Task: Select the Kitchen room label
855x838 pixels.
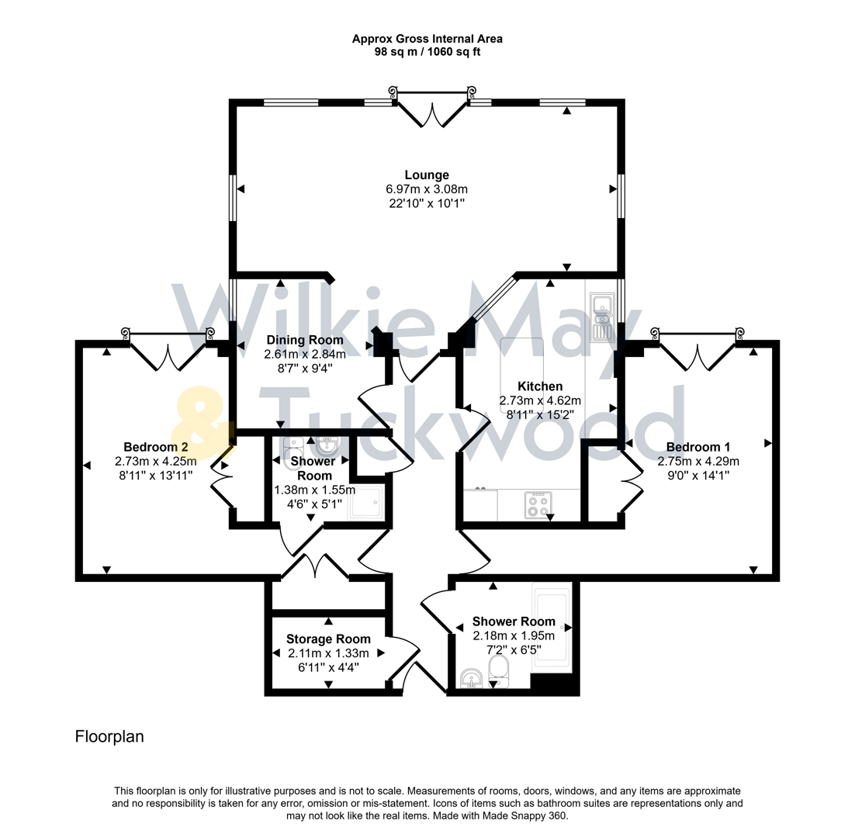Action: point(541,386)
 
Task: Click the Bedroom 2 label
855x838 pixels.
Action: point(156,446)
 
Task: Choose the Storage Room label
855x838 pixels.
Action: point(328,639)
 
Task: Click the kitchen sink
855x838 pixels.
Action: point(602,317)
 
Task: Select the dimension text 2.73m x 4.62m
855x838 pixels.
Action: point(541,400)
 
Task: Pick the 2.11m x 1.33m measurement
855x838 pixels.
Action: point(328,653)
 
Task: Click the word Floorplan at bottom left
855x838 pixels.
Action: point(109,736)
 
